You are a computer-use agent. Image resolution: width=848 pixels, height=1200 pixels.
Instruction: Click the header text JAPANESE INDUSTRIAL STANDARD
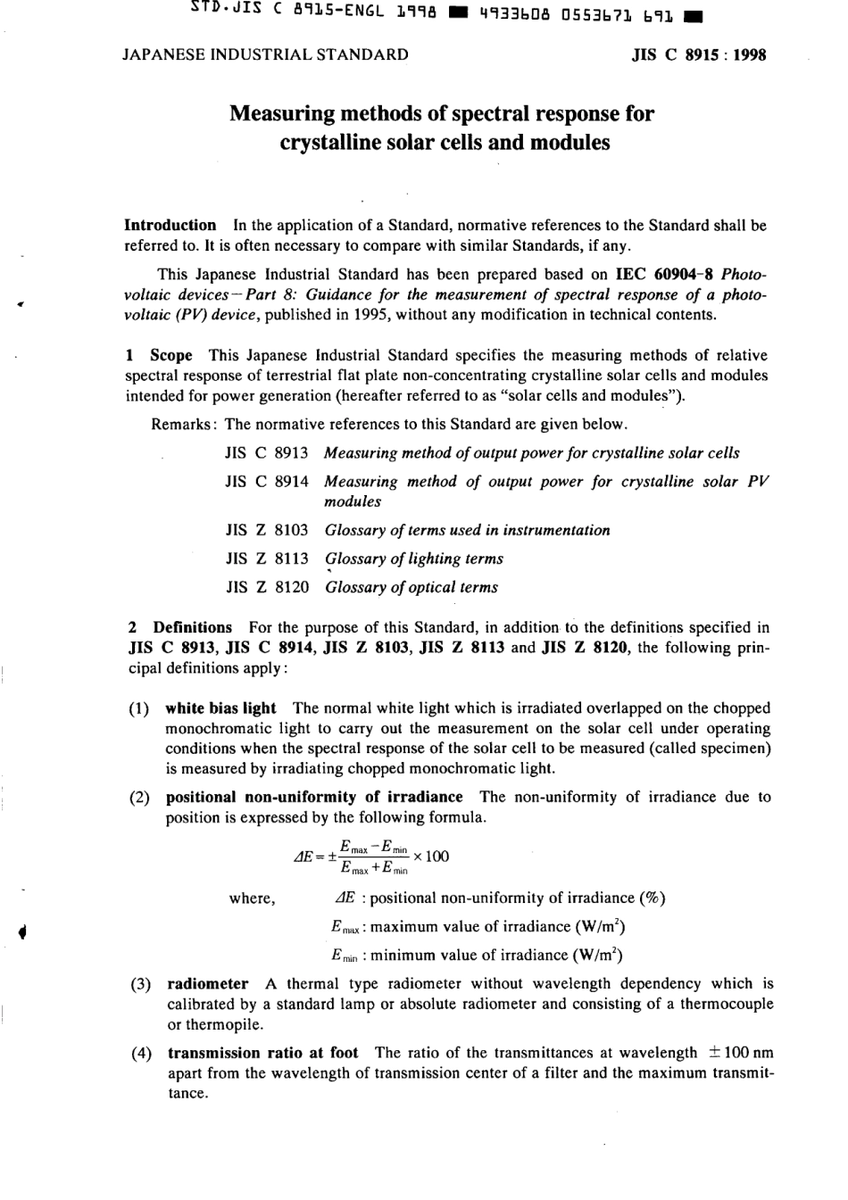[265, 54]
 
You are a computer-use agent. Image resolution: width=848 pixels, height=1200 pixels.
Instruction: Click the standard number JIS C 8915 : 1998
[699, 54]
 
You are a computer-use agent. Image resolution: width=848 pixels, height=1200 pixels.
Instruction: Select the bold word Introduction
[170, 226]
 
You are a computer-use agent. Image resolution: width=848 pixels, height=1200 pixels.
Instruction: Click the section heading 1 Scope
[159, 355]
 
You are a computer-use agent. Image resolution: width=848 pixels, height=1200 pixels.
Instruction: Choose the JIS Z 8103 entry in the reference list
[267, 530]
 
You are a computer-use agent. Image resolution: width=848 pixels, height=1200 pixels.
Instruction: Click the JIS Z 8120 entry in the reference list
[267, 587]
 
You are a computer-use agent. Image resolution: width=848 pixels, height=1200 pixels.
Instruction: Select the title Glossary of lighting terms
[413, 559]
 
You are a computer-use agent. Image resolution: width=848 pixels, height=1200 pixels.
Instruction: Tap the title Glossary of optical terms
[411, 587]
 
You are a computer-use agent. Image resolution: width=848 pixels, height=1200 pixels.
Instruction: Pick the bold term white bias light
[220, 708]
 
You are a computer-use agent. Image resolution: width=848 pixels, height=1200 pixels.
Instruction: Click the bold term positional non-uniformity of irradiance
[314, 797]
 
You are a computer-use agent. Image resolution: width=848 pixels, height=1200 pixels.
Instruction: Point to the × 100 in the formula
[433, 857]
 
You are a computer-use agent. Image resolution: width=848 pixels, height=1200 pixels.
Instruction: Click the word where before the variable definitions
[252, 898]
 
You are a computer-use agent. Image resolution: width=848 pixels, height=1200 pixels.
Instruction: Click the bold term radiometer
[208, 984]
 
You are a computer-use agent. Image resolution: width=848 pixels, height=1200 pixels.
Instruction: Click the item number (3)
[140, 984]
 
